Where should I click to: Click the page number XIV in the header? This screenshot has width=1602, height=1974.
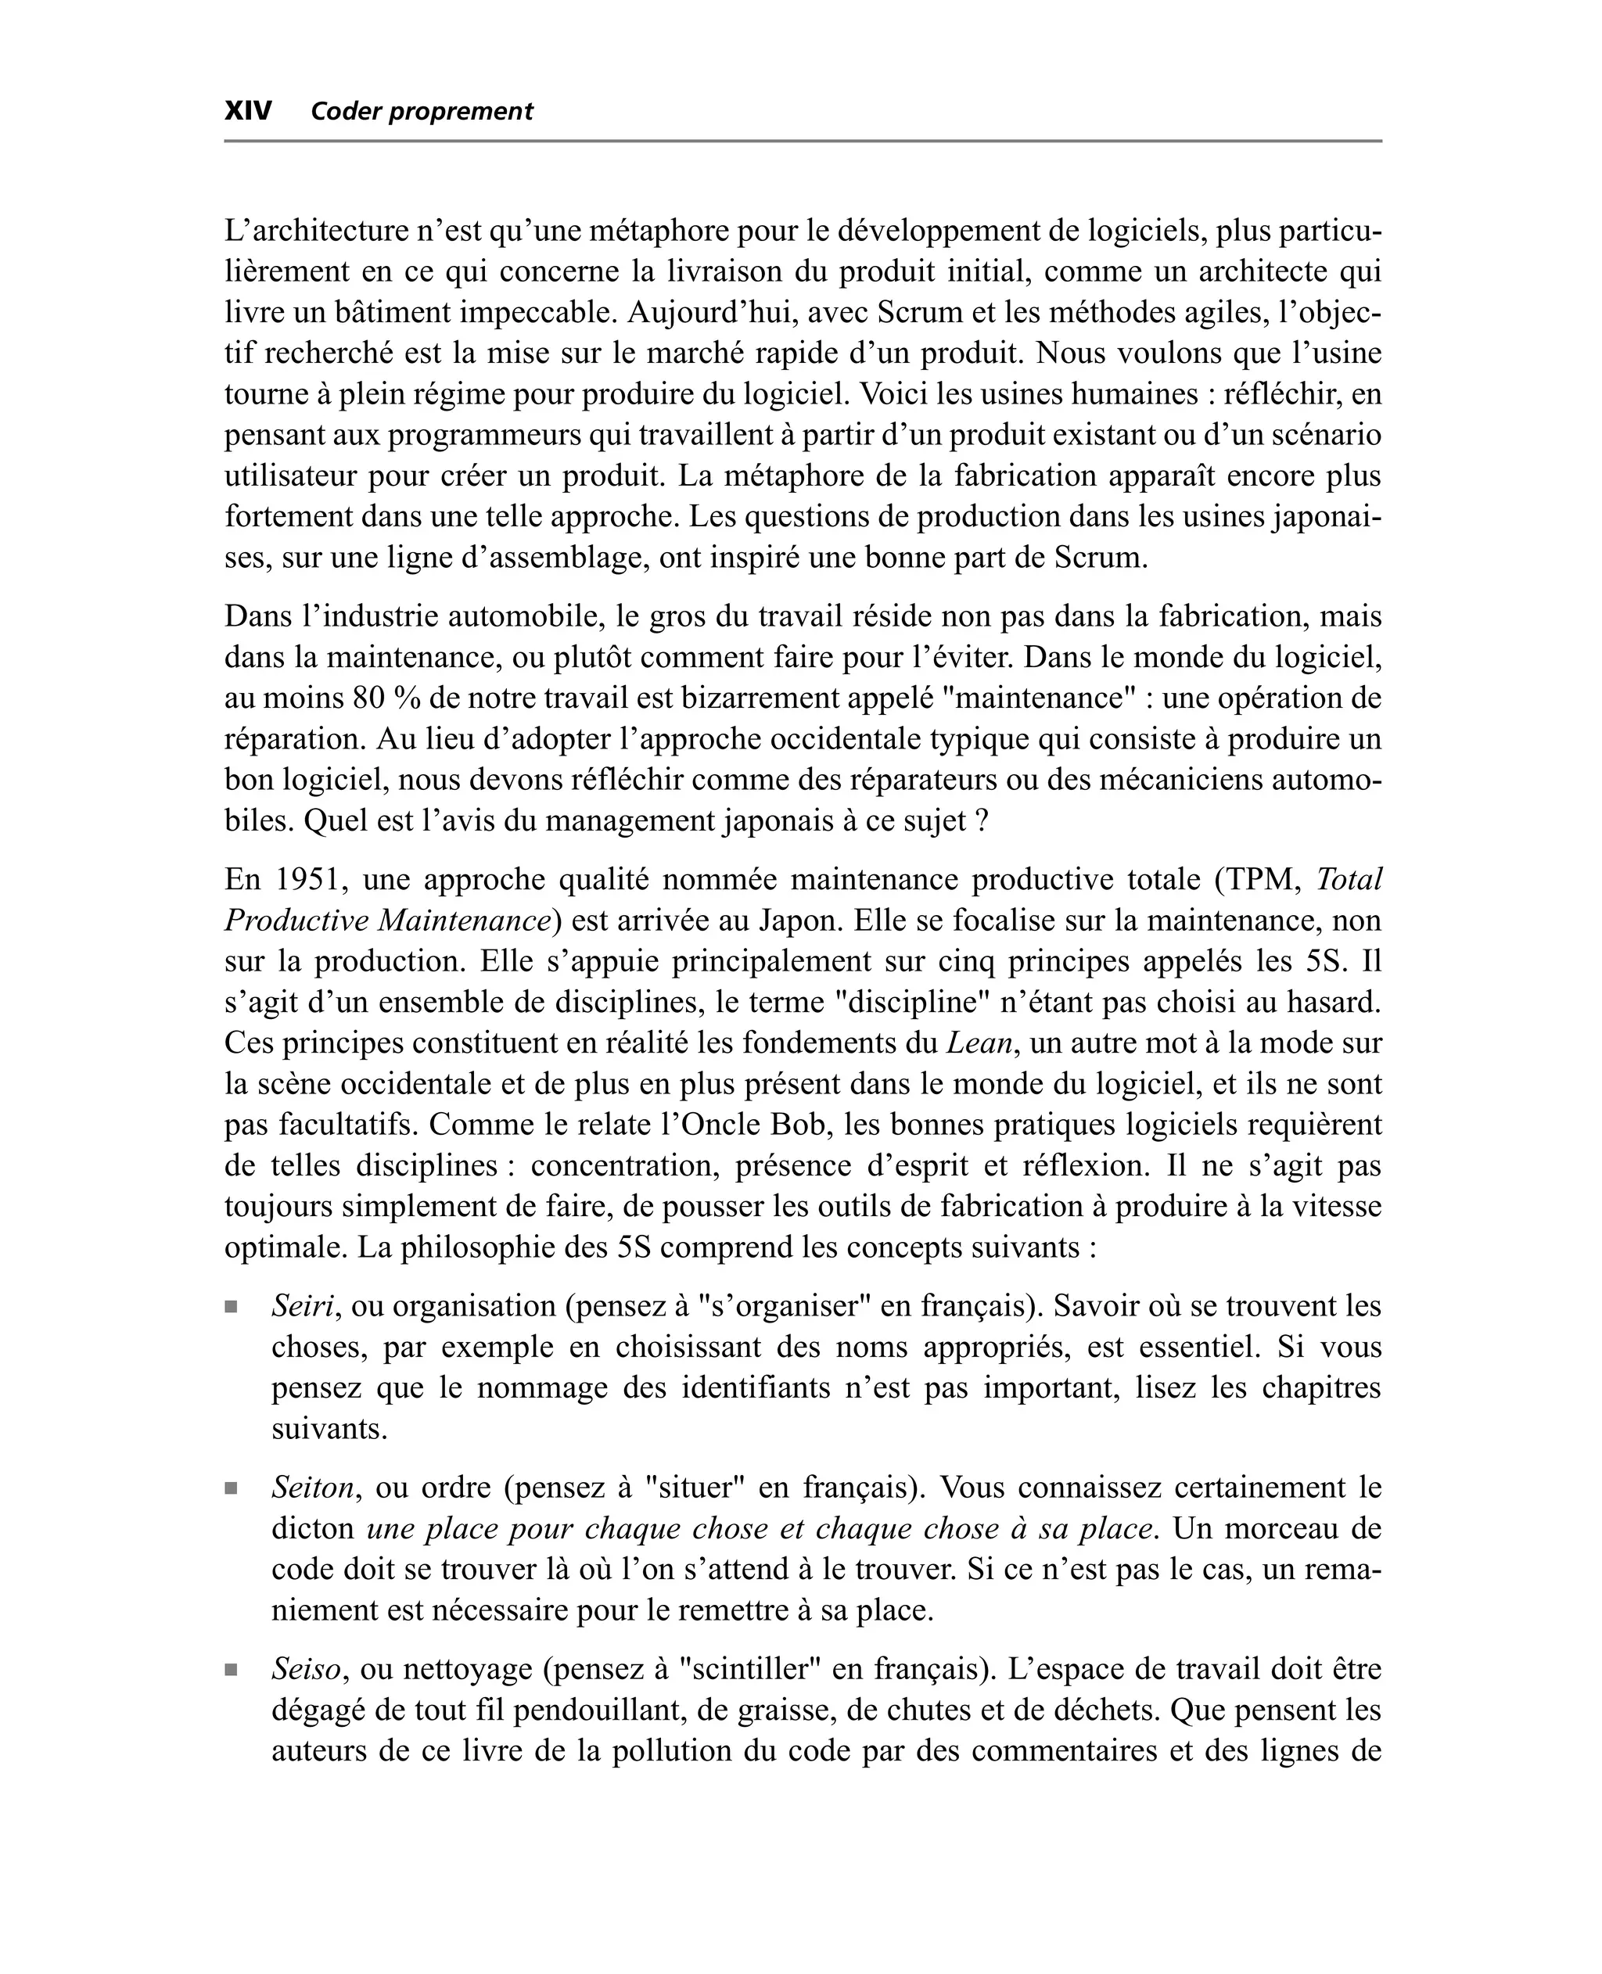click(248, 112)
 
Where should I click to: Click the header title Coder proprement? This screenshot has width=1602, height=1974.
click(422, 112)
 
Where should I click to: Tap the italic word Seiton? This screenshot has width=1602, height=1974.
click(312, 1488)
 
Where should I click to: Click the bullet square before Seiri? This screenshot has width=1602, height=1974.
click(231, 1307)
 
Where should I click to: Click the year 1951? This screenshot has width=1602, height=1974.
click(308, 880)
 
